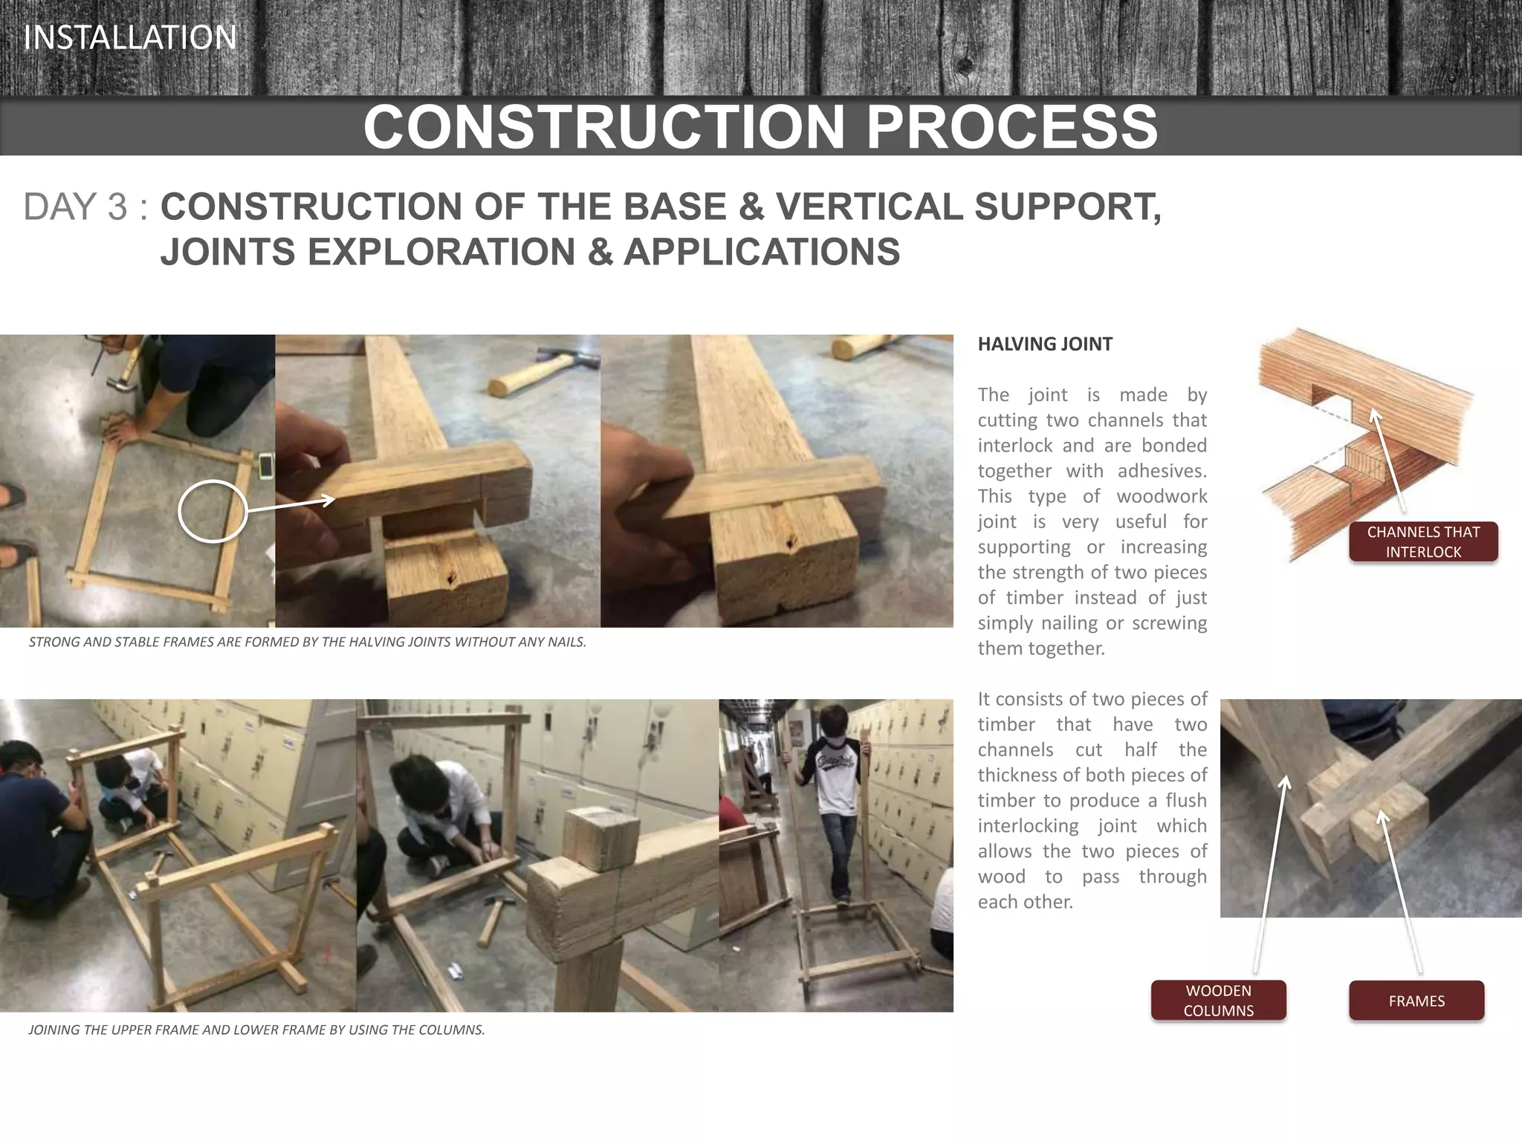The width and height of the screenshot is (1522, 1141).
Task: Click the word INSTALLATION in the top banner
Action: (130, 38)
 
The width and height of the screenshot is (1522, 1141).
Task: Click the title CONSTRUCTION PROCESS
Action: (760, 127)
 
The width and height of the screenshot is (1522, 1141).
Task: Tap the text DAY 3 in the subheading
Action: (75, 207)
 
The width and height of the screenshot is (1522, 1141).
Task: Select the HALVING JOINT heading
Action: (1044, 344)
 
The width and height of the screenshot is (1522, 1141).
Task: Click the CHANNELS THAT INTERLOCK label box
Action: (1422, 542)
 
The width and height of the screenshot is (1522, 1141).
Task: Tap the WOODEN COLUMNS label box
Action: (1218, 1000)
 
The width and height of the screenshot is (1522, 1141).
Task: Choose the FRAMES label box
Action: (1416, 1001)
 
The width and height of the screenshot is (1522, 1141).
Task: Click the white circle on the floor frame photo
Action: (213, 511)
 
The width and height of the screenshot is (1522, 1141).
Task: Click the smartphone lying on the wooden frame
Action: (265, 466)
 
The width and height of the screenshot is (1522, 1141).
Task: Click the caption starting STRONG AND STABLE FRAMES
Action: (307, 642)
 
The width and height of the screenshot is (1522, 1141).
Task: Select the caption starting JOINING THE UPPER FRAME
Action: (256, 1030)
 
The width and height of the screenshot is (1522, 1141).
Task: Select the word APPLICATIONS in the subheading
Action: (761, 252)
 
